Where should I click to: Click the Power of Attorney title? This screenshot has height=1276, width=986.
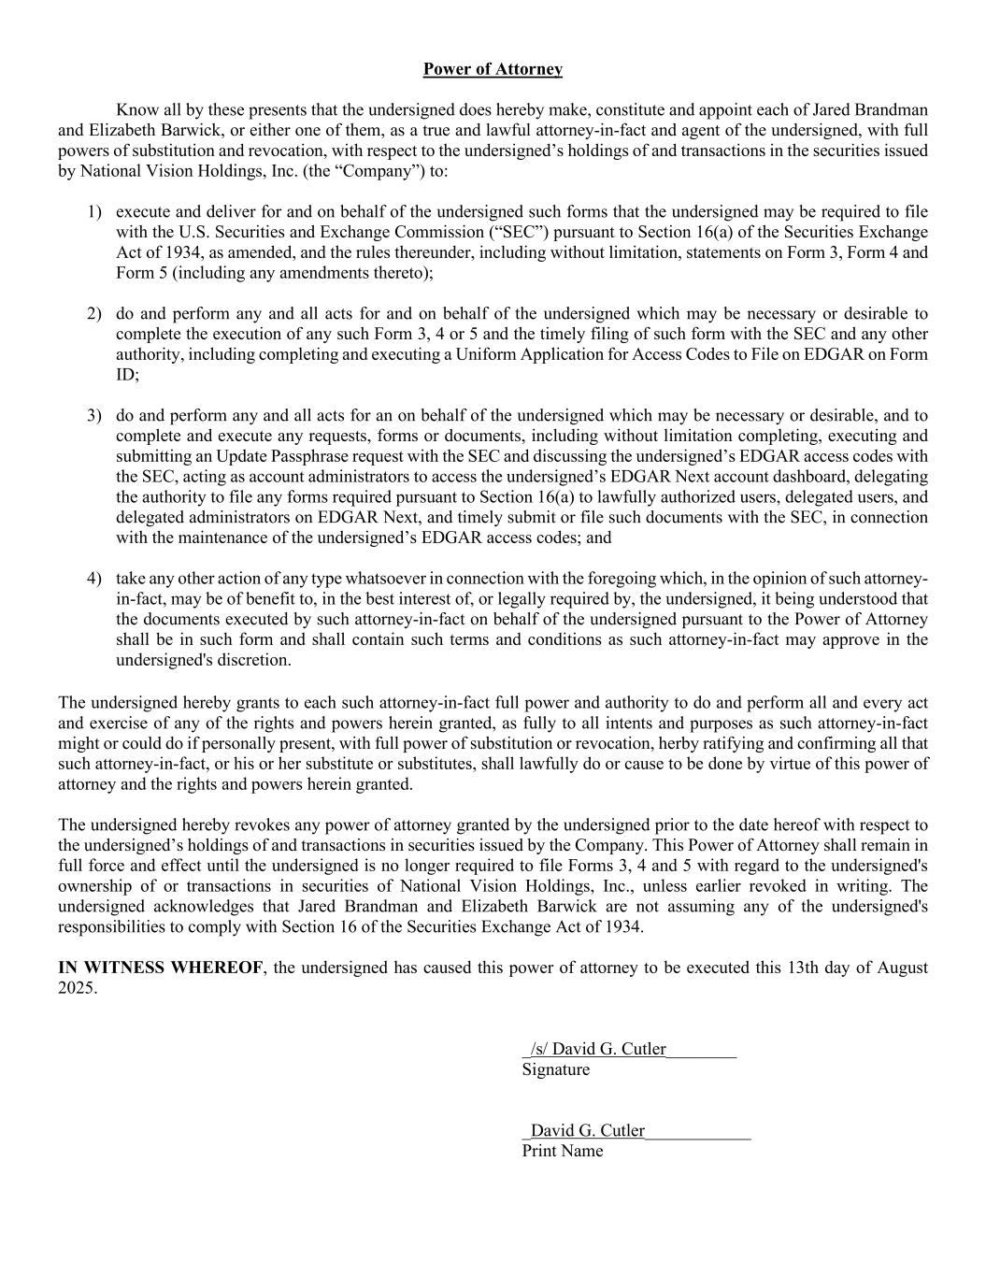[493, 69]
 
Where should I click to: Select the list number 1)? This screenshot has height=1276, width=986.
[94, 212]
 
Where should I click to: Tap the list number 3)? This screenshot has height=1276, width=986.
[94, 416]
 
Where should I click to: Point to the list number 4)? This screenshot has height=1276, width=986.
[94, 579]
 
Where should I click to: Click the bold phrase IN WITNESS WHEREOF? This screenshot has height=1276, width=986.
[161, 968]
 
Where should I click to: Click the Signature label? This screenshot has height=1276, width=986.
[555, 1069]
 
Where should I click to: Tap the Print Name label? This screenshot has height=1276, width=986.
[562, 1151]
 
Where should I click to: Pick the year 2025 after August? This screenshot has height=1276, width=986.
[77, 988]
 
